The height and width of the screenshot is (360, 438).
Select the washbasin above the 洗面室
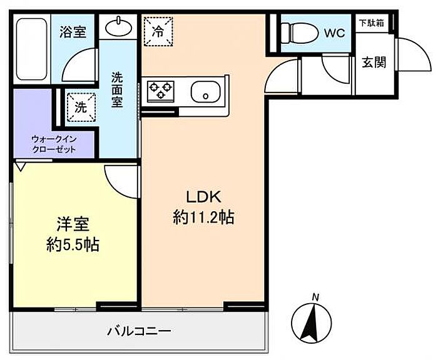(x=118, y=27)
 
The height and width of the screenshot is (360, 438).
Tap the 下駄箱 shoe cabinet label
(x=372, y=23)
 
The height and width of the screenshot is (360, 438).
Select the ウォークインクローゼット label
(x=54, y=144)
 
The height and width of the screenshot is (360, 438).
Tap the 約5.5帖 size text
(x=73, y=244)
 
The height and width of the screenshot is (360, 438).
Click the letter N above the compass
(x=316, y=296)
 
